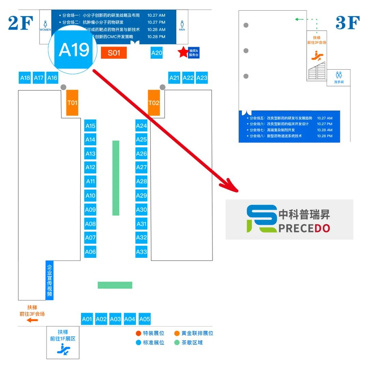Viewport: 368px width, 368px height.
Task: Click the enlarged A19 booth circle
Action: [x=74, y=50]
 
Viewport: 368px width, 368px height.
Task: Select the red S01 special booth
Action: [x=114, y=53]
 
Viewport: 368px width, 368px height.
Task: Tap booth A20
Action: [x=157, y=53]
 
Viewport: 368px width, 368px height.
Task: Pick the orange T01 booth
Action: [x=72, y=103]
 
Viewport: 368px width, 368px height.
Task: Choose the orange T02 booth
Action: [x=154, y=103]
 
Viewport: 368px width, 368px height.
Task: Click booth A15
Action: [x=90, y=126]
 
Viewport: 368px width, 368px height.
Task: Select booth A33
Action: [x=141, y=252]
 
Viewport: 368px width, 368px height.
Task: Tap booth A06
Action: [x=90, y=252]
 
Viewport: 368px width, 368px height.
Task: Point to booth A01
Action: [x=87, y=319]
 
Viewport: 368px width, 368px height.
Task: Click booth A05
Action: [x=145, y=319]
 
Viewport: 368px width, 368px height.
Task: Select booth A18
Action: [x=25, y=78]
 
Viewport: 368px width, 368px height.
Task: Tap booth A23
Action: [x=202, y=78]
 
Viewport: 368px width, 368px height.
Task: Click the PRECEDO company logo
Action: [x=289, y=219]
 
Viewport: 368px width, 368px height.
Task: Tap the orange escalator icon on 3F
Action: [x=317, y=56]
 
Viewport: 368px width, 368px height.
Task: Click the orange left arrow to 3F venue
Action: [x=33, y=320]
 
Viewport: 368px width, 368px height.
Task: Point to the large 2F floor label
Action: [x=20, y=24]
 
